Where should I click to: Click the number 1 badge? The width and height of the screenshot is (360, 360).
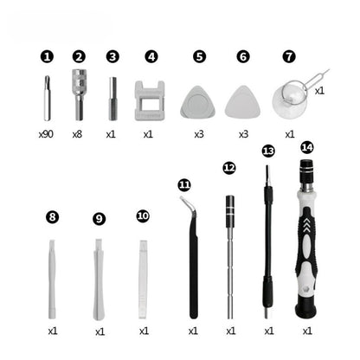pyautogui.click(x=47, y=56)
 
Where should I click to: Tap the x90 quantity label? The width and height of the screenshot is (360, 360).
pyautogui.click(x=47, y=135)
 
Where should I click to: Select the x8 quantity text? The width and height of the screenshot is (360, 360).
pyautogui.click(x=79, y=135)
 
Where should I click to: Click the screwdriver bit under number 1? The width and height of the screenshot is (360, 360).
pyautogui.click(x=47, y=98)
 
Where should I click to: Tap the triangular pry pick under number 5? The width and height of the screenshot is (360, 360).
pyautogui.click(x=197, y=102)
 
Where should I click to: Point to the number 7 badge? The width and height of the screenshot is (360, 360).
pyautogui.click(x=289, y=56)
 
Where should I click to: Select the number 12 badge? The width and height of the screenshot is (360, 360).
pyautogui.click(x=228, y=167)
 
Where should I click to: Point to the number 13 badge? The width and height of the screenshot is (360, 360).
pyautogui.click(x=268, y=151)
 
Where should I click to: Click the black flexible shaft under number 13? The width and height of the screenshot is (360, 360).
pyautogui.click(x=269, y=251)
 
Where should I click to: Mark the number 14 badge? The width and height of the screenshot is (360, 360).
pyautogui.click(x=306, y=148)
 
